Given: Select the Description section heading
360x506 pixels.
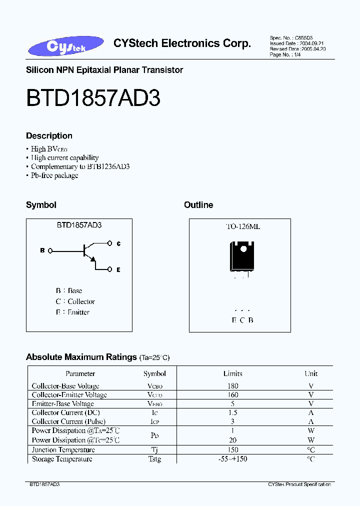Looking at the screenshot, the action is [49, 136].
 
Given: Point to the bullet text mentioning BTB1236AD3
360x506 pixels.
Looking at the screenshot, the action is [80, 166].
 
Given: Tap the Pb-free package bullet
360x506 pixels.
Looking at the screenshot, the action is [54, 175].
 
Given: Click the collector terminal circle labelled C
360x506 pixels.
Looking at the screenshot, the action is [110, 243].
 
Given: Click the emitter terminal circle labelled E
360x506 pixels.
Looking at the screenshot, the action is [110, 269].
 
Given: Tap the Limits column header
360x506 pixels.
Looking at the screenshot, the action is [232, 373].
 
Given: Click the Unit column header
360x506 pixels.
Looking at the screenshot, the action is [311, 373].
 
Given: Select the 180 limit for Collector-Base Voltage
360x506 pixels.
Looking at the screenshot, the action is [232, 386].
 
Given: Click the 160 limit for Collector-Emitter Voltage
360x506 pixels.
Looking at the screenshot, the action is [232, 395].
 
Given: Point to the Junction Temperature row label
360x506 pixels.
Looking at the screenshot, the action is [63, 450].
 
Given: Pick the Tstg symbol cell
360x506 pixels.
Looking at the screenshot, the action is [154, 459].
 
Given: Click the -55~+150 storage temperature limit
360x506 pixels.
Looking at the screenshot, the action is [232, 459].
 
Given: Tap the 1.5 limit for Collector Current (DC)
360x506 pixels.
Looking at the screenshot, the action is [232, 413].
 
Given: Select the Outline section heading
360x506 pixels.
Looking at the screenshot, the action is [198, 205].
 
